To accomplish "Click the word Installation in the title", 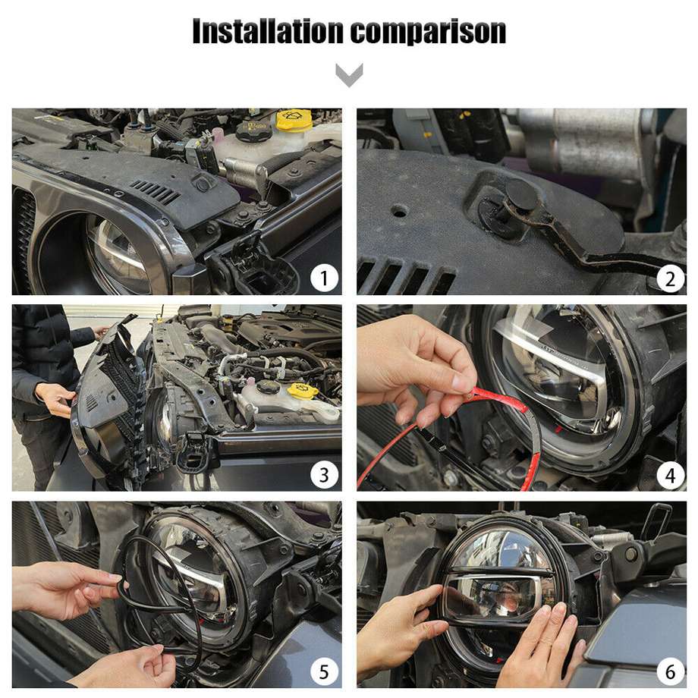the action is (x=268, y=31).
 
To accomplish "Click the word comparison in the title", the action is (x=428, y=32).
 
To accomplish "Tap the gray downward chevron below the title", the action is (x=349, y=75).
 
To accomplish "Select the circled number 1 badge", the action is (x=324, y=278).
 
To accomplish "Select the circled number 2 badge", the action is (x=670, y=279).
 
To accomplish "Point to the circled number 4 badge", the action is (x=670, y=476).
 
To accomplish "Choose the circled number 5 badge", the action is (x=324, y=671).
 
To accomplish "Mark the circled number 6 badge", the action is (x=670, y=672).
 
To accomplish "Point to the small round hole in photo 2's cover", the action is (x=399, y=211).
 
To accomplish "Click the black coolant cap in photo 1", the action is (x=253, y=130).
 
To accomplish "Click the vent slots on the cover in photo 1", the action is (x=156, y=191).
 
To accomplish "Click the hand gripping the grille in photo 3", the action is (x=55, y=399).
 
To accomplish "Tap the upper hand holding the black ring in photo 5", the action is (x=67, y=590).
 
